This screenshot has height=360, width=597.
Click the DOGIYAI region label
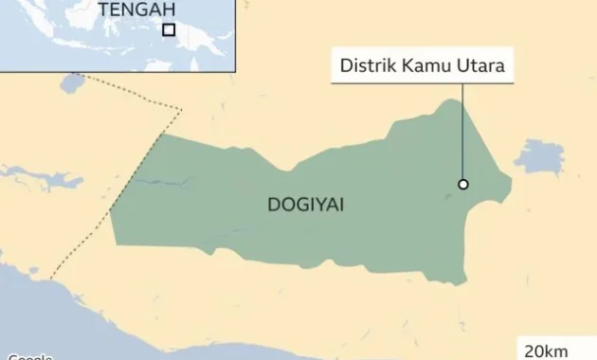[306, 205]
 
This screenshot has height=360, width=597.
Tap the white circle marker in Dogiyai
[463, 184]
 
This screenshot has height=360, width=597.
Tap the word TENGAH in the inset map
[136, 9]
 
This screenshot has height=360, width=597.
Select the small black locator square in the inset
[169, 29]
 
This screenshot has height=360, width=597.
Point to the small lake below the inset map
[72, 82]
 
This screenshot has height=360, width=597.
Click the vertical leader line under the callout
[462, 133]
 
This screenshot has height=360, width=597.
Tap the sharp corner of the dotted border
[180, 109]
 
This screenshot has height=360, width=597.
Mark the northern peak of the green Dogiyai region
[460, 101]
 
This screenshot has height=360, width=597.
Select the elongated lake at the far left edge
[38, 177]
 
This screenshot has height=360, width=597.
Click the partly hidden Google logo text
[28, 357]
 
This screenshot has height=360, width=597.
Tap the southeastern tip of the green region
[462, 282]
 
